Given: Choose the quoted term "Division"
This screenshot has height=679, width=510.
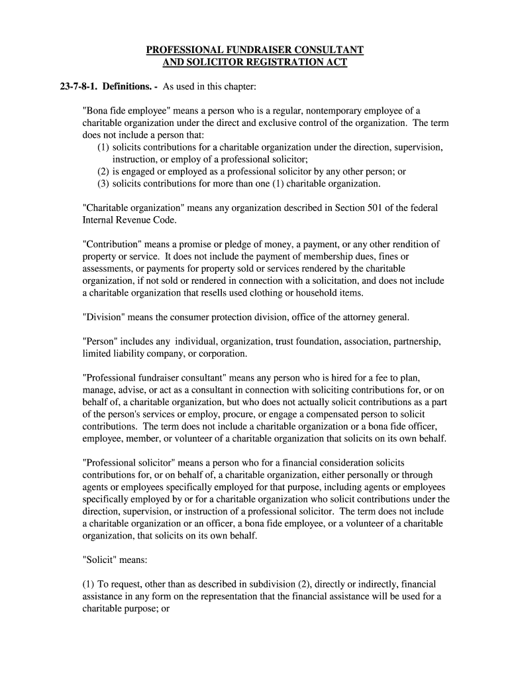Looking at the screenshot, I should click(x=104, y=317).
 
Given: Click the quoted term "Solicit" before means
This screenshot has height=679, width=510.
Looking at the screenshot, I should click(x=101, y=560).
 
